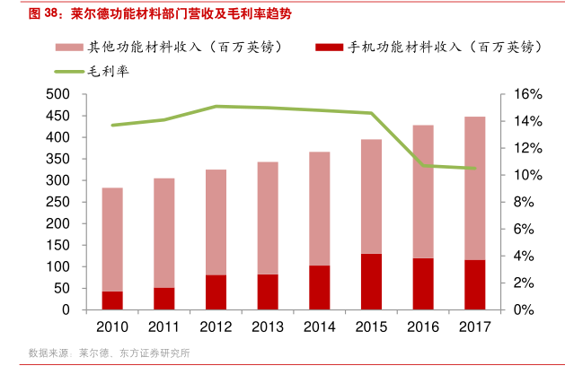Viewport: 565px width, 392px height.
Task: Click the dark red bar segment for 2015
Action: [x=371, y=282]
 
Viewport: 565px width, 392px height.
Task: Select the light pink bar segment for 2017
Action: [x=474, y=188]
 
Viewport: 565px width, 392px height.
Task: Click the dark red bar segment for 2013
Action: [x=268, y=292]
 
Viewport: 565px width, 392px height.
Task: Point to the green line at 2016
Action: [x=423, y=166]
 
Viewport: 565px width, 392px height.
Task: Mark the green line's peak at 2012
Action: [x=216, y=106]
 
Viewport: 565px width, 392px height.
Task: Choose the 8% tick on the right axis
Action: [x=523, y=202]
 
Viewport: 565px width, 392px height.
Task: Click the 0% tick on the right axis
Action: [x=523, y=309]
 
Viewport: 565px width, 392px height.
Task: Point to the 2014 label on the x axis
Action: [x=319, y=327]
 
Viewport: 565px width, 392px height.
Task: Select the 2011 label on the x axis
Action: [x=163, y=327]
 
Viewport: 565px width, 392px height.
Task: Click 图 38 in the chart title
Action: [x=42, y=14]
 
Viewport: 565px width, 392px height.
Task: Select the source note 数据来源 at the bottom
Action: [x=50, y=353]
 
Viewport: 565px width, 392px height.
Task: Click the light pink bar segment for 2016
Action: [x=423, y=192]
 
